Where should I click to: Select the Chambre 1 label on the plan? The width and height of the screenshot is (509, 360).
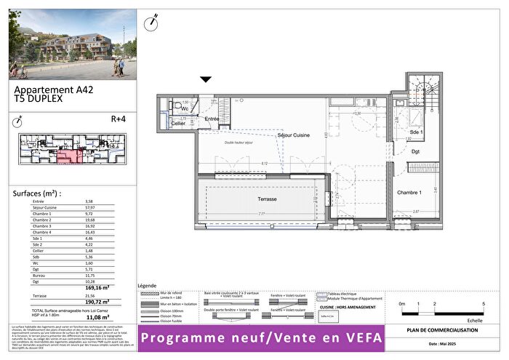click(411, 192)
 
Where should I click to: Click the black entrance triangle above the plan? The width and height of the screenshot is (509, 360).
click(206, 79)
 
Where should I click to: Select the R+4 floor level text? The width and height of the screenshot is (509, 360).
click(119, 119)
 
